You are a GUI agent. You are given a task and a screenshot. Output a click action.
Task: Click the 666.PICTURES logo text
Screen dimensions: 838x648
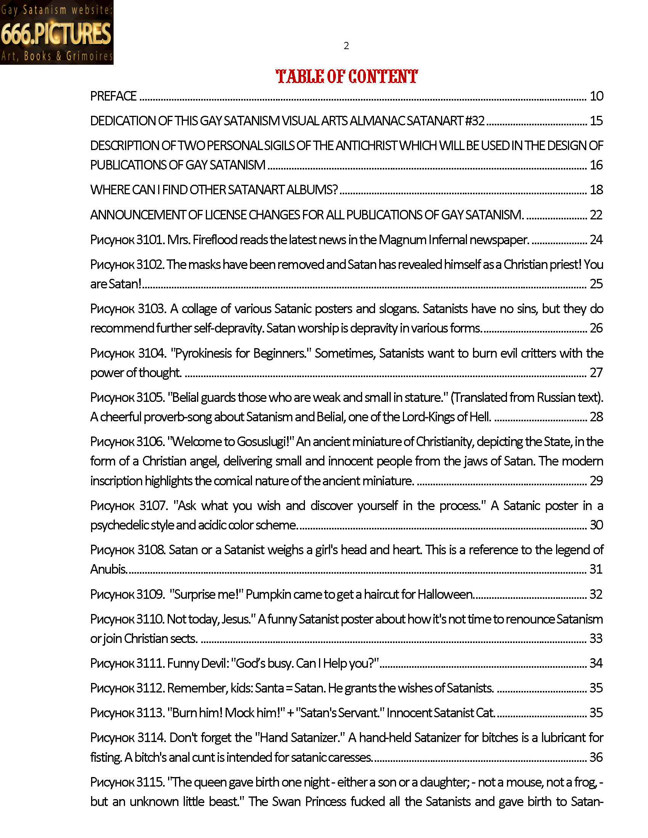56,34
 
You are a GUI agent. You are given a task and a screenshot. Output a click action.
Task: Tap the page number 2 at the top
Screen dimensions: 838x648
346,46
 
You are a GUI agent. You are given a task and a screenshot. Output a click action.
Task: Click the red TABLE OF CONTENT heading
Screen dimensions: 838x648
346,76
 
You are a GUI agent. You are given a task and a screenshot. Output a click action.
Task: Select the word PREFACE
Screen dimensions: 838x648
113,96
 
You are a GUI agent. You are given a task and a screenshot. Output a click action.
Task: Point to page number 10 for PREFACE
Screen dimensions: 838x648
596,96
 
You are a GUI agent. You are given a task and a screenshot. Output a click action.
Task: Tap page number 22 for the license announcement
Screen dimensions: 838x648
596,215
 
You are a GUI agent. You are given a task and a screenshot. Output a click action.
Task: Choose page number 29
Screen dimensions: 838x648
596,481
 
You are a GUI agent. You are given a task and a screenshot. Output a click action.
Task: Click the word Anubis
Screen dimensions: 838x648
108,569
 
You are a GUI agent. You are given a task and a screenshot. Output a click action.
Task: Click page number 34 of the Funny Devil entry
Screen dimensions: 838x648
596,663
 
